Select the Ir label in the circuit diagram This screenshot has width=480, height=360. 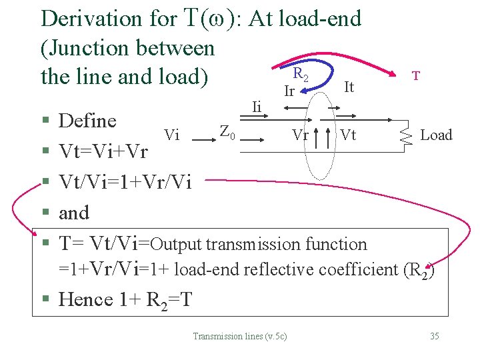tap(289, 91)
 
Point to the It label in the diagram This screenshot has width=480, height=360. tap(349, 87)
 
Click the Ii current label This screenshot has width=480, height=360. tap(257, 106)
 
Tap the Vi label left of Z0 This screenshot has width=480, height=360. tap(172, 135)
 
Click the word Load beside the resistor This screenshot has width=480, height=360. tap(436, 135)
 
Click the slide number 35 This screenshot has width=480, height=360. tap(434, 336)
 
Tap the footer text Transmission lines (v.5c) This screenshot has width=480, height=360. tap(239, 336)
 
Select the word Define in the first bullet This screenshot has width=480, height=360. tap(87, 121)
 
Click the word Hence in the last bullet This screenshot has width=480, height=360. tap(86, 299)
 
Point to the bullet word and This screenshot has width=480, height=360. tap(73, 213)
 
